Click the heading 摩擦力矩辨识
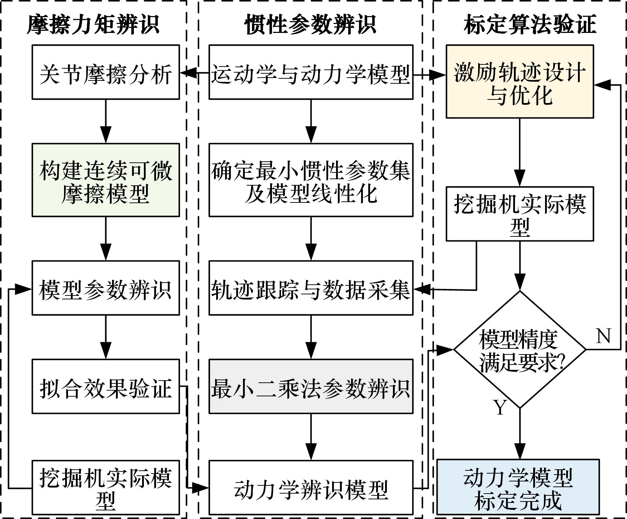pyautogui.click(x=93, y=25)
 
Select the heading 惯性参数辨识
pyautogui.click(x=310, y=25)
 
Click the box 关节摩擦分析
pyautogui.click(x=106, y=72)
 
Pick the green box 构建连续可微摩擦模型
pyautogui.click(x=106, y=180)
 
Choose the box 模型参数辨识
pyautogui.click(x=106, y=288)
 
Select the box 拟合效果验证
pyautogui.click(x=106, y=386)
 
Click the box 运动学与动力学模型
pyautogui.click(x=311, y=72)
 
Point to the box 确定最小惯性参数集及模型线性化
pyautogui.click(x=311, y=180)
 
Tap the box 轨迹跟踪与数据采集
pyautogui.click(x=311, y=288)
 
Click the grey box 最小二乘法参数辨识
pyautogui.click(x=311, y=386)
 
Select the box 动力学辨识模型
pyautogui.click(x=311, y=488)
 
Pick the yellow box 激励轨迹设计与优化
pyautogui.click(x=520, y=81)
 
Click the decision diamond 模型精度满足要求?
pyautogui.click(x=520, y=349)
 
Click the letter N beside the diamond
pyautogui.click(x=603, y=336)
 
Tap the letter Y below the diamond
pyautogui.click(x=500, y=407)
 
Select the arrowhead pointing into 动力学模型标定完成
pyautogui.click(x=520, y=451)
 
